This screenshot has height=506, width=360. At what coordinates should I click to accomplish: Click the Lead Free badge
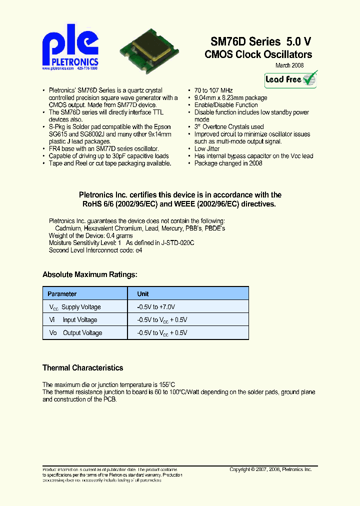[291, 79]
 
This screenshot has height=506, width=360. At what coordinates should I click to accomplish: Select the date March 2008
[289, 65]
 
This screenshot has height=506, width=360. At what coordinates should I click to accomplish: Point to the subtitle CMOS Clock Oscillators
[258, 54]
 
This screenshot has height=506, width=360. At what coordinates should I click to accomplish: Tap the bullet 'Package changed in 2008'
[228, 163]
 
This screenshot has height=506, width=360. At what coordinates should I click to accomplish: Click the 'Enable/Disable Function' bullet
[226, 105]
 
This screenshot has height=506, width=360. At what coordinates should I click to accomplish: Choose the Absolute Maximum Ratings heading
[90, 274]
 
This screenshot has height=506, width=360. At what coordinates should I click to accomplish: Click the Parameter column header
[62, 294]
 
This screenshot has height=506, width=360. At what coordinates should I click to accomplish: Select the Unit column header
[143, 294]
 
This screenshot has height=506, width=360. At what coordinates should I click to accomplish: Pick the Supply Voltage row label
[75, 307]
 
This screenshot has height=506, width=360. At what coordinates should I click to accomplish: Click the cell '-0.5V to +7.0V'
[156, 307]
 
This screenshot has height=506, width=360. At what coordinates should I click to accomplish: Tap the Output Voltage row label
[75, 333]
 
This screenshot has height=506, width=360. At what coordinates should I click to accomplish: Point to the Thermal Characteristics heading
[82, 368]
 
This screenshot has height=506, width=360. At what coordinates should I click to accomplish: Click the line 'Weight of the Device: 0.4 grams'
[90, 235]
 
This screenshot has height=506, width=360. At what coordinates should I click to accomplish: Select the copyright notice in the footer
[270, 469]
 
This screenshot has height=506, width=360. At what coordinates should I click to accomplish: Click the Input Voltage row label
[73, 320]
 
